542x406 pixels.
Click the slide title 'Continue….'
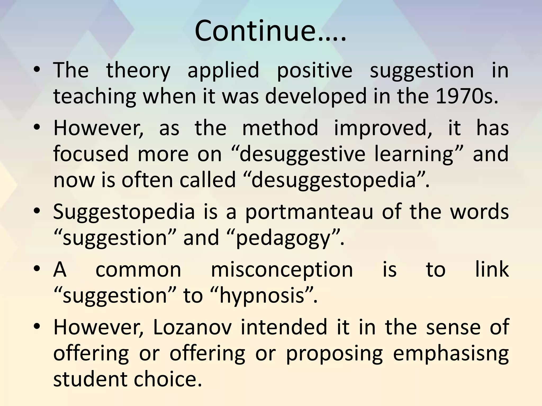(x=270, y=31)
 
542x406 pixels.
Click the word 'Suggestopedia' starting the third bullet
(x=124, y=212)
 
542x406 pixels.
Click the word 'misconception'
(x=282, y=270)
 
